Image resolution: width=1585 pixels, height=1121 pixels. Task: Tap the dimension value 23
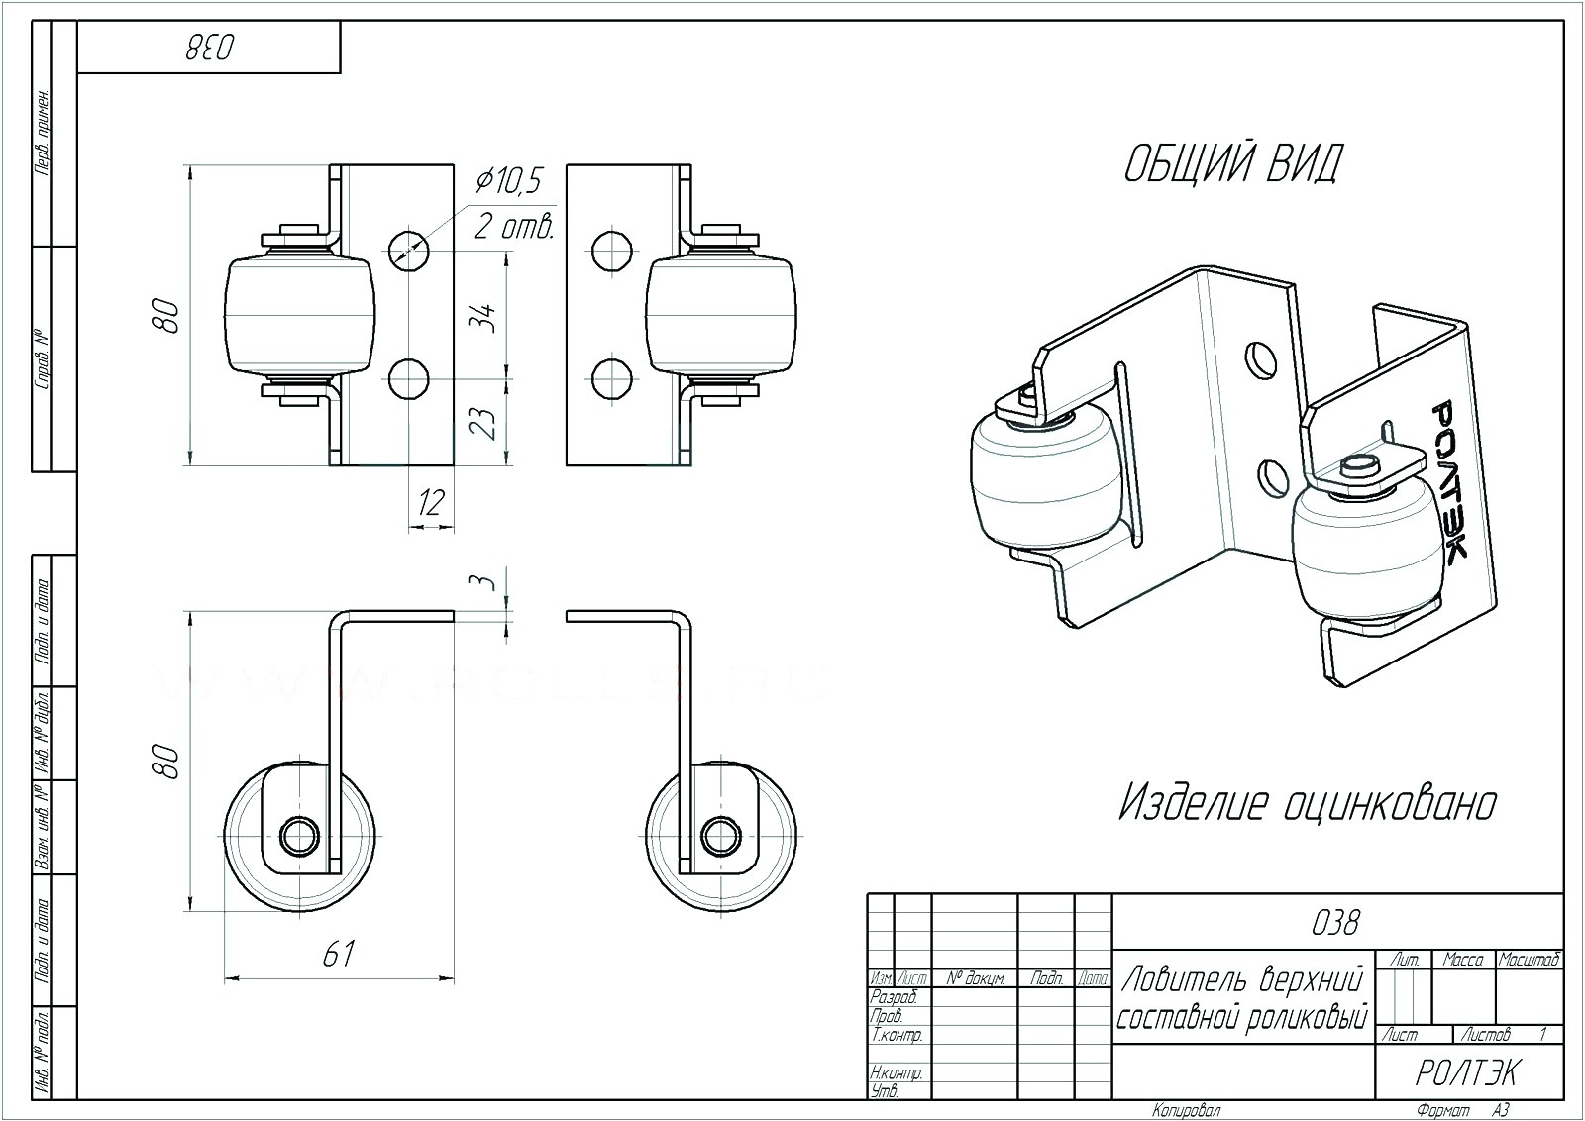coord(483,423)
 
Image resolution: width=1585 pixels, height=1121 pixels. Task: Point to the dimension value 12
coord(430,502)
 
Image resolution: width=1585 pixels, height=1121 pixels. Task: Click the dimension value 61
coord(339,954)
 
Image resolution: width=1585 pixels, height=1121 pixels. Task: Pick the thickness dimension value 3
coord(485,581)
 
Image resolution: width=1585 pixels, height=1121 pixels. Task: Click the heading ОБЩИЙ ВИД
coord(1231,163)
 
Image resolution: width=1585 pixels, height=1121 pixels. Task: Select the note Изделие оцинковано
coord(1307,804)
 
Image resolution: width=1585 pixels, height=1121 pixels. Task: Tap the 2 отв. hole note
coord(512,226)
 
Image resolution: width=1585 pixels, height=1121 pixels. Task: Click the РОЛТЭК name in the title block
coord(1467,1072)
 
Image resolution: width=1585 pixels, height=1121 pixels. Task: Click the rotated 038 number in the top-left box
coord(208,48)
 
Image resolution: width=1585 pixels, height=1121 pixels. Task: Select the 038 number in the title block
coord(1334,923)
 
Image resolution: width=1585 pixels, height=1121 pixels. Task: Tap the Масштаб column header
coord(1529,960)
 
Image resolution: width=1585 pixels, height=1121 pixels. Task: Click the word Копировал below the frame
coord(1187,1111)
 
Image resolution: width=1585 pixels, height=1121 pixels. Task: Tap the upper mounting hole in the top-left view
coord(408,247)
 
